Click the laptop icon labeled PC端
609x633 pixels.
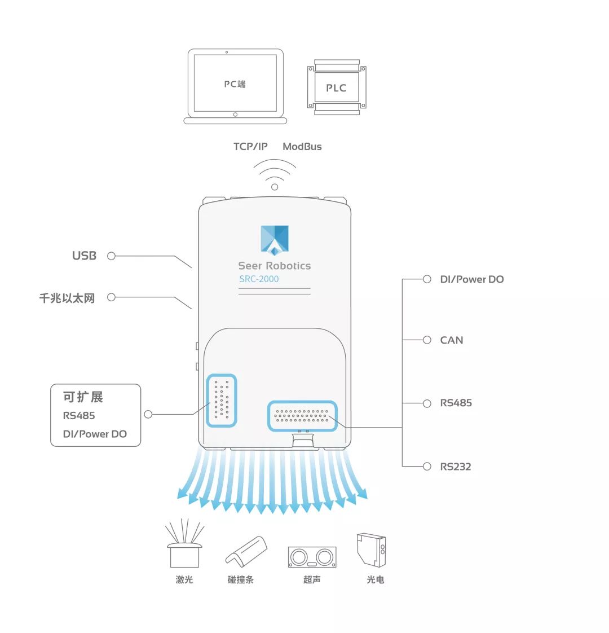coord(235,86)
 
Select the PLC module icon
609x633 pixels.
coord(337,87)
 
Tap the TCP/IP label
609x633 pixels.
coord(250,147)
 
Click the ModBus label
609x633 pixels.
coord(302,147)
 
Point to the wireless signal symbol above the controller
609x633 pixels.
coord(275,174)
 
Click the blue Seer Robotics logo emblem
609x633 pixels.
coord(275,239)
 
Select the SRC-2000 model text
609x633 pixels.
coord(259,279)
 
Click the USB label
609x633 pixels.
coord(85,256)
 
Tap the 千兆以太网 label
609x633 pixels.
coord(67,298)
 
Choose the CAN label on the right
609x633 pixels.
coord(452,340)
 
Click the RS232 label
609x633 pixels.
coord(456,467)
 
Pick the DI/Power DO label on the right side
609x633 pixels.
coord(472,279)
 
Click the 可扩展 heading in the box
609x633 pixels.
coord(83,397)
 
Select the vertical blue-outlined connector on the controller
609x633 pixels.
coord(222,401)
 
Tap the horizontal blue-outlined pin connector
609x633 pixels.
coord(302,416)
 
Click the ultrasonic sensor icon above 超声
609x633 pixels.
coord(312,557)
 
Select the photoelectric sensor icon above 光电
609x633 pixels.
coord(371,550)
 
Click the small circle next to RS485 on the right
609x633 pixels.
coord(427,403)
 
